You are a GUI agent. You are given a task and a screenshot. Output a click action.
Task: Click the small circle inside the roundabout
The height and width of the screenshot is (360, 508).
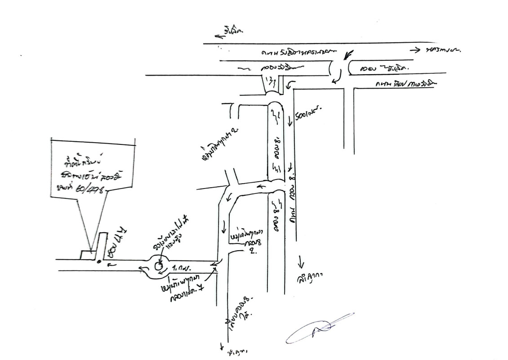pyautogui.click(x=158, y=266)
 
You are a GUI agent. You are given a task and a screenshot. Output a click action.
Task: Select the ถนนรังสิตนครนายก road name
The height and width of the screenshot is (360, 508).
pyautogui.click(x=297, y=53)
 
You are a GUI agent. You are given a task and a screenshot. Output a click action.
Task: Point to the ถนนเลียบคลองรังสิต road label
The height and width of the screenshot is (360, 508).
pyautogui.click(x=398, y=84)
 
